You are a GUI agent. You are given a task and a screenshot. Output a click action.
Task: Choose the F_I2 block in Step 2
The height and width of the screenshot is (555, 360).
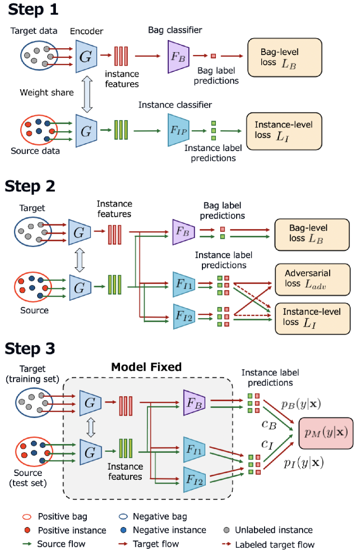click(183, 316)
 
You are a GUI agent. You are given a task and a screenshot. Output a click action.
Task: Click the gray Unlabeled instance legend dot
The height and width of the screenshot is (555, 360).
click(227, 530)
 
